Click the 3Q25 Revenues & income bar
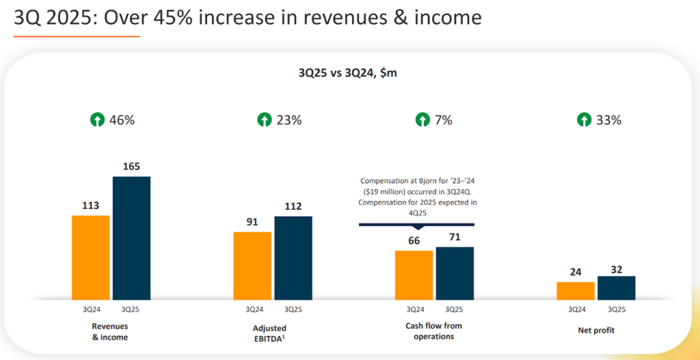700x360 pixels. point(131,238)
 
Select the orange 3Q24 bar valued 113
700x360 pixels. point(90,258)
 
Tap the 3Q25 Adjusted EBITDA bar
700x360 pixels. point(293,258)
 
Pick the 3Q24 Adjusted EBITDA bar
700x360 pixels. point(252,266)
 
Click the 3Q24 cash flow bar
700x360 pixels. point(414,275)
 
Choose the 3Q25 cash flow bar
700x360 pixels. point(455,273)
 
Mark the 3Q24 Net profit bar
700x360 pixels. point(576,290)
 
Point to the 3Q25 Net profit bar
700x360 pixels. point(617,288)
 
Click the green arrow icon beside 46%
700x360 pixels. point(98,120)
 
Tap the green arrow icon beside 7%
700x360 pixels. point(423,120)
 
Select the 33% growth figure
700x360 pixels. point(608,120)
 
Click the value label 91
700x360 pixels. point(252,221)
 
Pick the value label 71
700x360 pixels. point(455,237)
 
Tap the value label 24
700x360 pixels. point(576,272)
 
